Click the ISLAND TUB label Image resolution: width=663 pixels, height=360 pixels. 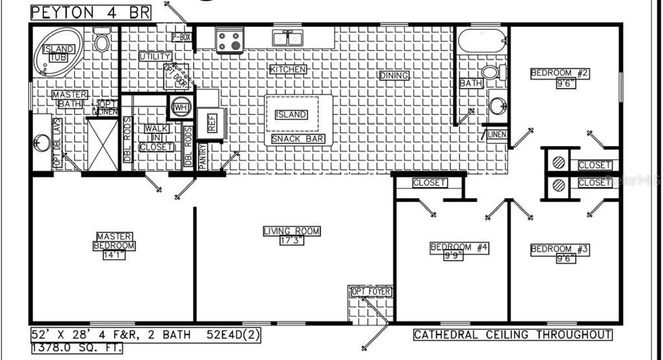pyautogui.click(x=58, y=53)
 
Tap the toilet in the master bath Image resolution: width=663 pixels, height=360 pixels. pyautogui.click(x=102, y=41)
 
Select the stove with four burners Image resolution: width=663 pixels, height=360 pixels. pyautogui.click(x=229, y=40)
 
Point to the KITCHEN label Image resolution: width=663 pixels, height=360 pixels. pyautogui.click(x=288, y=69)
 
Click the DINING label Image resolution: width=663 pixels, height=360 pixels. pyautogui.click(x=394, y=76)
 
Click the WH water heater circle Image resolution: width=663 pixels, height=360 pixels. pyautogui.click(x=179, y=107)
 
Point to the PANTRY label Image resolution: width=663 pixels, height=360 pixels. pyautogui.click(x=203, y=157)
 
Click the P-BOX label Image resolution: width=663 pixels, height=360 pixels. pyautogui.click(x=181, y=38)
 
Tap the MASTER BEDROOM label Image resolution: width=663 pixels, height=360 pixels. pyautogui.click(x=115, y=242)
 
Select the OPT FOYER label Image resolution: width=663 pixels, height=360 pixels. pyautogui.click(x=371, y=292)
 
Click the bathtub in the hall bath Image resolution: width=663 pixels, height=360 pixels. pyautogui.click(x=482, y=41)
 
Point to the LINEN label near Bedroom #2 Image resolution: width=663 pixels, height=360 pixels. pyautogui.click(x=497, y=134)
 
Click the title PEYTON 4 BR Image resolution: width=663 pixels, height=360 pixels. pyautogui.click(x=91, y=12)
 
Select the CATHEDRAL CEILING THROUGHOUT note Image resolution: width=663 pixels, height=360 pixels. pyautogui.click(x=512, y=335)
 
